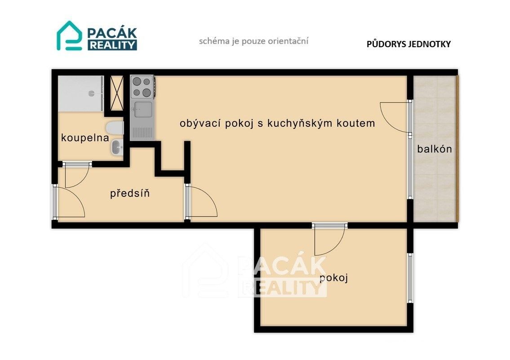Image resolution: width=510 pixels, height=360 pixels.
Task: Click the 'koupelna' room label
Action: pyautogui.click(x=85, y=138)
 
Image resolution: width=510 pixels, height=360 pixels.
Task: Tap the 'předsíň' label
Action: pyautogui.click(x=130, y=194)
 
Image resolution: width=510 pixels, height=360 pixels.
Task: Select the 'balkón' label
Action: pyautogui.click(x=435, y=149)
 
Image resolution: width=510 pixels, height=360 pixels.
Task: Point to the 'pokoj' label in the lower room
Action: pyautogui.click(x=334, y=278)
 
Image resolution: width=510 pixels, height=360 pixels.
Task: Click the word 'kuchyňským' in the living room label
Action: pyautogui.click(x=300, y=123)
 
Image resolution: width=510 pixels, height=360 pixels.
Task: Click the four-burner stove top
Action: pyautogui.click(x=142, y=87)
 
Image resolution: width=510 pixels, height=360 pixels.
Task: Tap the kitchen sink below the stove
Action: pyautogui.click(x=142, y=108)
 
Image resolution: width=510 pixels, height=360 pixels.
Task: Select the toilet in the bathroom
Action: pyautogui.click(x=116, y=128)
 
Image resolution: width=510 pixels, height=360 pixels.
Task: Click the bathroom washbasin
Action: pyautogui.click(x=117, y=147)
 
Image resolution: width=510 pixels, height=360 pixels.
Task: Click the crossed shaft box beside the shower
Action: pyautogui.click(x=117, y=93)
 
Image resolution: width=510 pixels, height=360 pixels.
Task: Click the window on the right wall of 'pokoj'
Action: pyautogui.click(x=409, y=277)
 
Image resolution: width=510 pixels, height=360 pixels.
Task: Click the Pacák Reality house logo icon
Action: pyautogui.click(x=69, y=36)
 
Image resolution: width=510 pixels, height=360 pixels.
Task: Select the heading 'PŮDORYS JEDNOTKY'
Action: pyautogui.click(x=408, y=44)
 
